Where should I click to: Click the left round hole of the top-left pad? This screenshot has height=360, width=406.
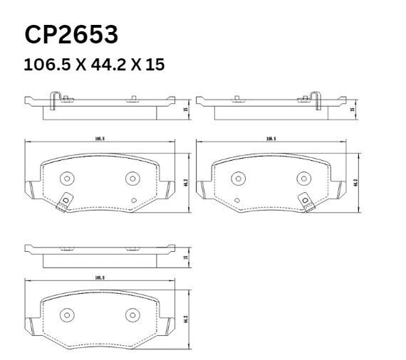[66, 179]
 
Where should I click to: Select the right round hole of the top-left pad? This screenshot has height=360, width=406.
[130, 178]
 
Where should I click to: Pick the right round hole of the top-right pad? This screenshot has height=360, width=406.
[302, 178]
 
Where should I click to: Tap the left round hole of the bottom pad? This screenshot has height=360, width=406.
[66, 314]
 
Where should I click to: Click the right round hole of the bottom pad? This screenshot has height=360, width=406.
[130, 314]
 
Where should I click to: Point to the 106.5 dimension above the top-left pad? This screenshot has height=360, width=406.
[99, 139]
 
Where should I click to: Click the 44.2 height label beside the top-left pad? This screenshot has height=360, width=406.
[185, 181]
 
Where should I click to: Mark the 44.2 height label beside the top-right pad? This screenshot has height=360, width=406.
[356, 181]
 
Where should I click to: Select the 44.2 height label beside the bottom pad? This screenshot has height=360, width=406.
[185, 317]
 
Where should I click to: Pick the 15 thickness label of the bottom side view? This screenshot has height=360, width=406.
[185, 258]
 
